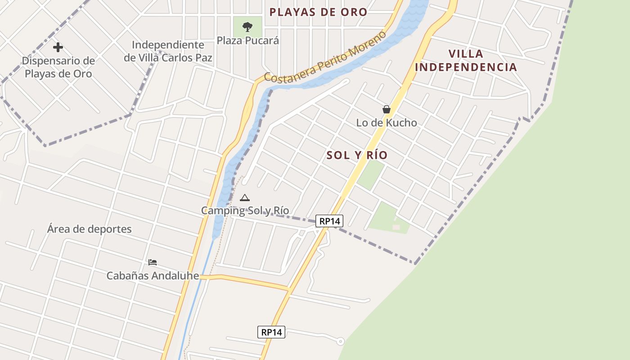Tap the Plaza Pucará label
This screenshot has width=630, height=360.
click(x=248, y=40)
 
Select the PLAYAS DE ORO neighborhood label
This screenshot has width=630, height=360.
click(x=319, y=12)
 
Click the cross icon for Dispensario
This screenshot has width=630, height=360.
click(x=58, y=47)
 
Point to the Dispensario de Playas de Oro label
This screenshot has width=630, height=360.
click(x=58, y=67)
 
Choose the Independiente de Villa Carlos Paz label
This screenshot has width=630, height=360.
click(x=168, y=51)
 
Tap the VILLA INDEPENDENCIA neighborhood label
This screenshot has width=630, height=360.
click(x=466, y=60)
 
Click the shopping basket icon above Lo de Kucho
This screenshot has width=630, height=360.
click(x=386, y=109)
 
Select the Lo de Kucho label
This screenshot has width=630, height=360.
click(x=387, y=122)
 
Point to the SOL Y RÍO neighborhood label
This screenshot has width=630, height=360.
click(x=357, y=155)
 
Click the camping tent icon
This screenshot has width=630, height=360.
click(x=244, y=198)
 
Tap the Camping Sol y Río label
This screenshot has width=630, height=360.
click(x=245, y=211)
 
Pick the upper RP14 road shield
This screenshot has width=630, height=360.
click(x=329, y=221)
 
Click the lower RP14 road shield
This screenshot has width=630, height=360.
click(x=271, y=332)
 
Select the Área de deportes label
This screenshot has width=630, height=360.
click(x=90, y=229)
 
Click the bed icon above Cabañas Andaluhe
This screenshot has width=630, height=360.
click(x=153, y=262)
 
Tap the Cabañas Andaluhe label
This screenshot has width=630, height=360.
click(x=153, y=275)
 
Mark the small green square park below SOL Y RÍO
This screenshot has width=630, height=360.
click(x=371, y=175)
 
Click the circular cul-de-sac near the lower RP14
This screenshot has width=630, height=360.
click(x=340, y=342)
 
